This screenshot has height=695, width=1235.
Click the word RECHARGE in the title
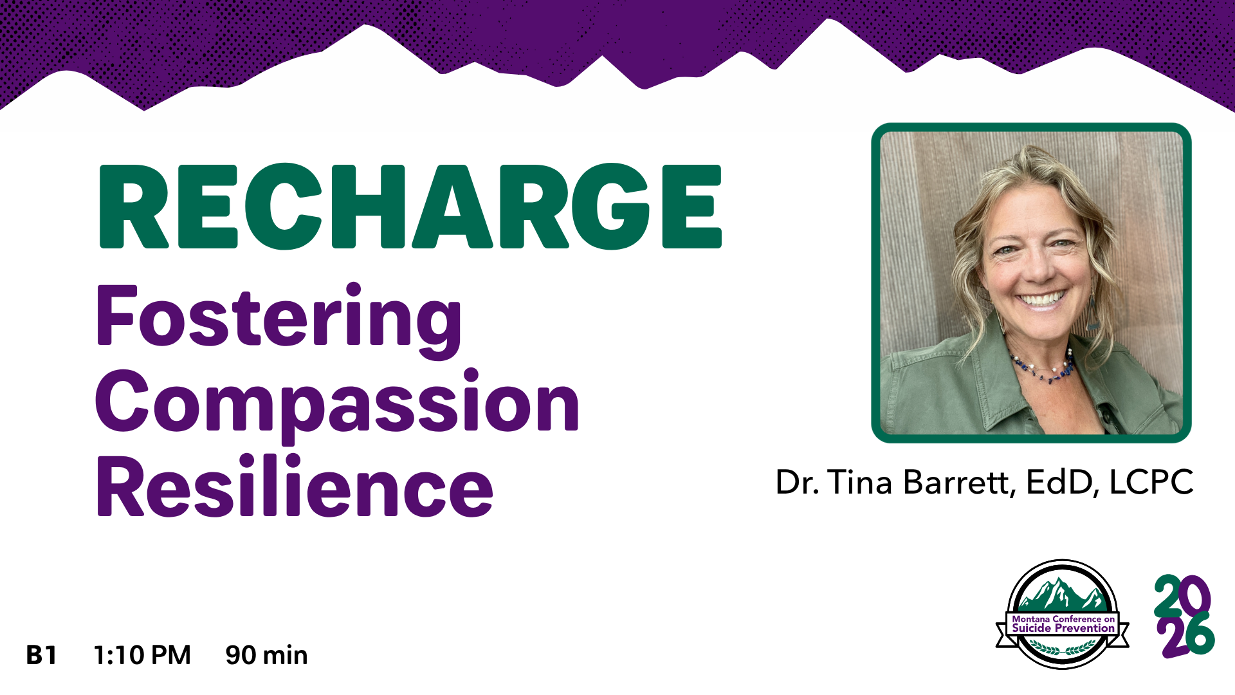pyautogui.click(x=410, y=207)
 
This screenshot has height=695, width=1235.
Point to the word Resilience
pyautogui.click(x=295, y=486)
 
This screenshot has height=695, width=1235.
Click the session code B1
pyautogui.click(x=42, y=655)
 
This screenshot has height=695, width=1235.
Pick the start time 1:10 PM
pyautogui.click(x=142, y=655)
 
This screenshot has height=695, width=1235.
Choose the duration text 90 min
pyautogui.click(x=266, y=655)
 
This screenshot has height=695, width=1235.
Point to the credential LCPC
pyautogui.click(x=1152, y=482)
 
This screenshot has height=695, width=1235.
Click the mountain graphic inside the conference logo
pyautogui.click(x=1062, y=595)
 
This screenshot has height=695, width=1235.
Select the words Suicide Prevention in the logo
pyautogui.click(x=1063, y=628)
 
